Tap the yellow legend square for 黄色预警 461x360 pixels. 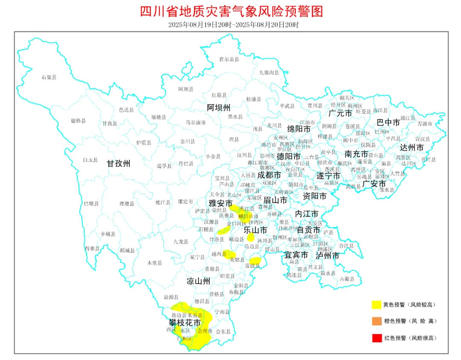(376, 304)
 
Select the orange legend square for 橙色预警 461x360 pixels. (376, 321)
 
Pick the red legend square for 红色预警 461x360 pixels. (376, 338)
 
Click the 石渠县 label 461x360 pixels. (49, 77)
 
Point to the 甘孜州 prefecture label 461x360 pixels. (118, 164)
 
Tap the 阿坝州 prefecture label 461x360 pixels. (219, 107)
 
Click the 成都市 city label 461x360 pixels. (269, 175)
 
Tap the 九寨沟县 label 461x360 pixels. (269, 73)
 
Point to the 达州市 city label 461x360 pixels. (412, 147)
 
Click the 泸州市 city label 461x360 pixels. (327, 256)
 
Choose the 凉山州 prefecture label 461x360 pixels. (198, 281)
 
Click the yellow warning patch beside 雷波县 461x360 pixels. (255, 260)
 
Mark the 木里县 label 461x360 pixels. (155, 263)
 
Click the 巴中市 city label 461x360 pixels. (388, 123)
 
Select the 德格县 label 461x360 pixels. (78, 121)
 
